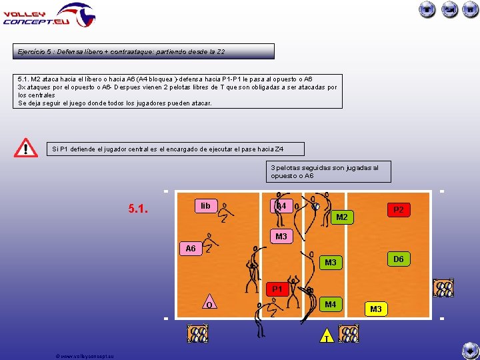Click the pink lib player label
click(205, 206)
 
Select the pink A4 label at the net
click(281, 206)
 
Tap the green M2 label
click(341, 217)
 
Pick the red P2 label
click(399, 210)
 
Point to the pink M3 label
click(281, 237)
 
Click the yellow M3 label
click(376, 309)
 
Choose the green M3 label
click(331, 263)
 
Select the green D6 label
click(398, 259)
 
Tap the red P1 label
click(277, 289)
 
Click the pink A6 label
click(191, 249)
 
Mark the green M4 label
click(330, 305)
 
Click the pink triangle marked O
click(209, 303)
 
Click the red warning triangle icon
click(26, 148)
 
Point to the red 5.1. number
click(139, 209)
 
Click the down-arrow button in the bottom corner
click(470, 350)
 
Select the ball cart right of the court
click(443, 288)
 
